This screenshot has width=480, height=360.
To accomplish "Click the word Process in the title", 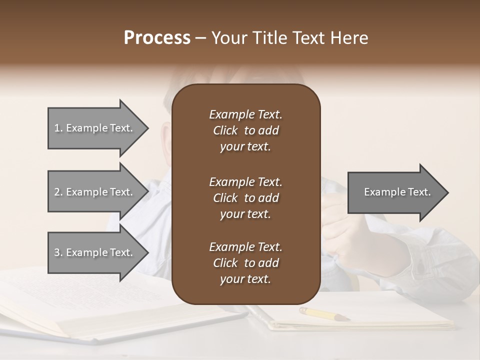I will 157,38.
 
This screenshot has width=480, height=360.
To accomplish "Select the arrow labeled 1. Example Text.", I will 95,128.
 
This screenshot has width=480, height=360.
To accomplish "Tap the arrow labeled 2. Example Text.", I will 95,192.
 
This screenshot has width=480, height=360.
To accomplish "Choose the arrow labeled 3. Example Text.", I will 95,252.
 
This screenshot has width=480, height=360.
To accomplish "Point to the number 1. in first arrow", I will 58,128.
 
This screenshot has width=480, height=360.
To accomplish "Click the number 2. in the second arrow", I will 58,192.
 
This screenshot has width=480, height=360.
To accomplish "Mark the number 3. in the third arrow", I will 58,252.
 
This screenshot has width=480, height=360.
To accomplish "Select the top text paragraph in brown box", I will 245,130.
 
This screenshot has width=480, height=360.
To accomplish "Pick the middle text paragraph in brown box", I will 245,198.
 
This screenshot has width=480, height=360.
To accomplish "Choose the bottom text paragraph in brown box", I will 245,263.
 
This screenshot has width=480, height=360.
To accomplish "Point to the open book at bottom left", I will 100,305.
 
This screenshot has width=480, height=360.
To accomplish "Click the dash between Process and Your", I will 201,38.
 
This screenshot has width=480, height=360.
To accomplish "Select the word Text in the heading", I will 312,38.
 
